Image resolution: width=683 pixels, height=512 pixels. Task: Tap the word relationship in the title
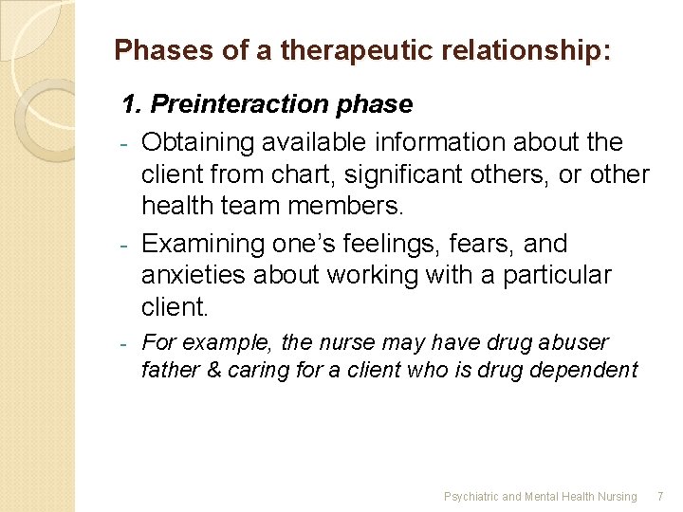[520, 50]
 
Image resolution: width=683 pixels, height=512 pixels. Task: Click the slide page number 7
[661, 496]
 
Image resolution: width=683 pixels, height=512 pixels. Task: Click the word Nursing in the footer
[617, 496]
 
